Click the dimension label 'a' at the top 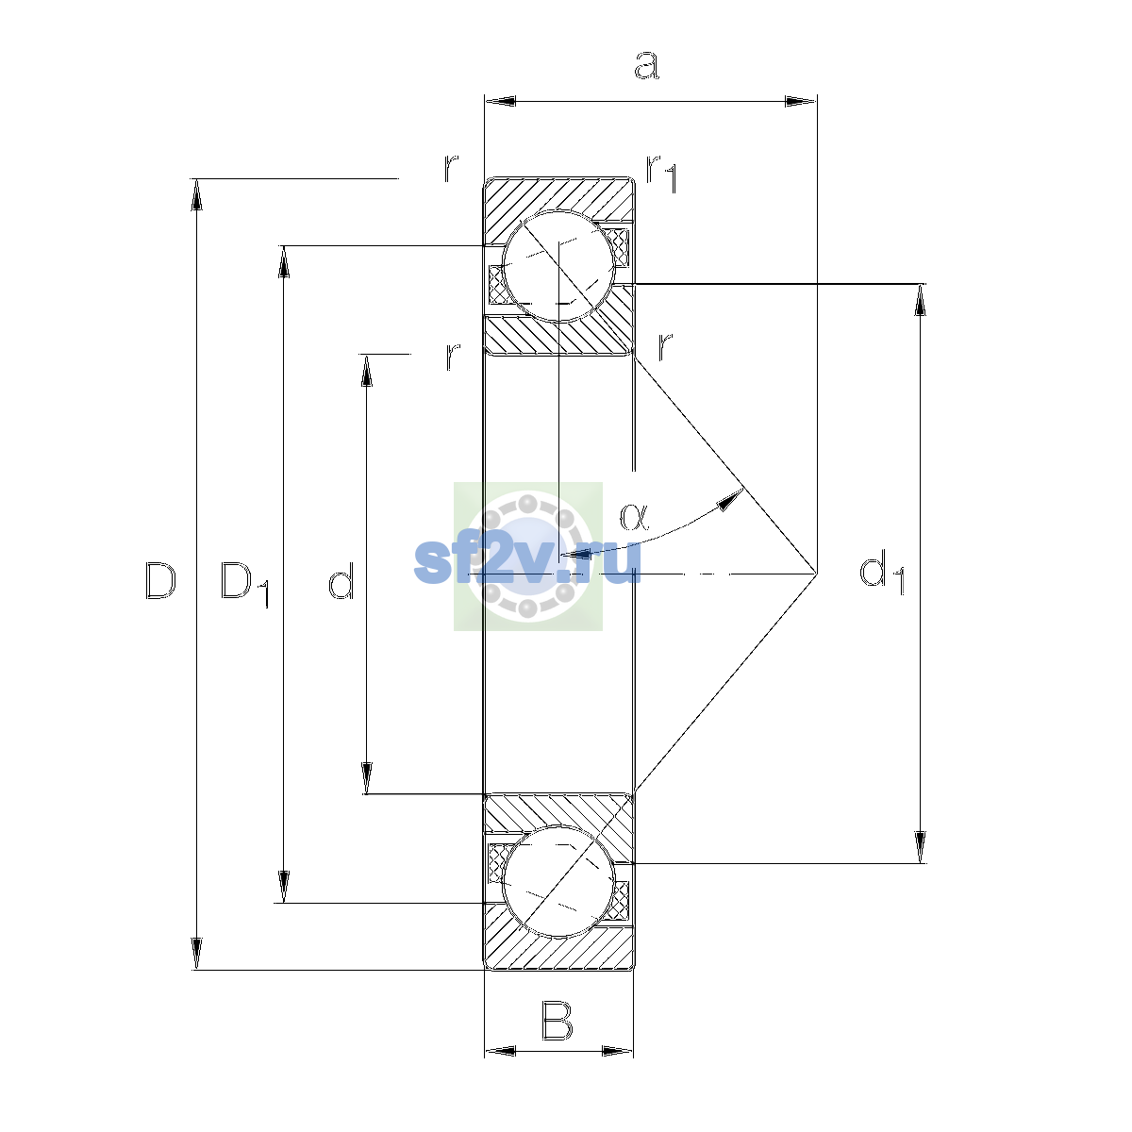[x=647, y=65]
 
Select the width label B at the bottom [x=557, y=1022]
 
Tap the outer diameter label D [x=160, y=581]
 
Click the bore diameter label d [x=341, y=580]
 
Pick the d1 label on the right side [x=882, y=573]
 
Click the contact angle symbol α [x=635, y=517]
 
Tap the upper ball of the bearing [x=558, y=266]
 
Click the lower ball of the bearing [x=558, y=881]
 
